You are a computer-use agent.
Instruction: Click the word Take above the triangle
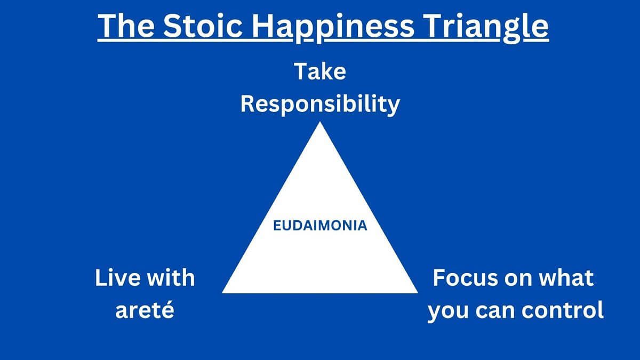(320, 72)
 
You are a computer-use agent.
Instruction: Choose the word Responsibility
(320, 104)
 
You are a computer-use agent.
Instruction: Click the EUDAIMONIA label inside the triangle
(320, 226)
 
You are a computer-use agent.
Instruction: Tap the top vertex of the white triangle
(320, 123)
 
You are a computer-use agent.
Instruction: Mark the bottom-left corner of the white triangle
(223, 292)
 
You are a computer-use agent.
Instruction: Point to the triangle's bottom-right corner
(417, 292)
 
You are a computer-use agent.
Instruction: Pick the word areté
(145, 310)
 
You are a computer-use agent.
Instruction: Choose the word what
(567, 278)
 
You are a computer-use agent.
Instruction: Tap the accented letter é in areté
(167, 310)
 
